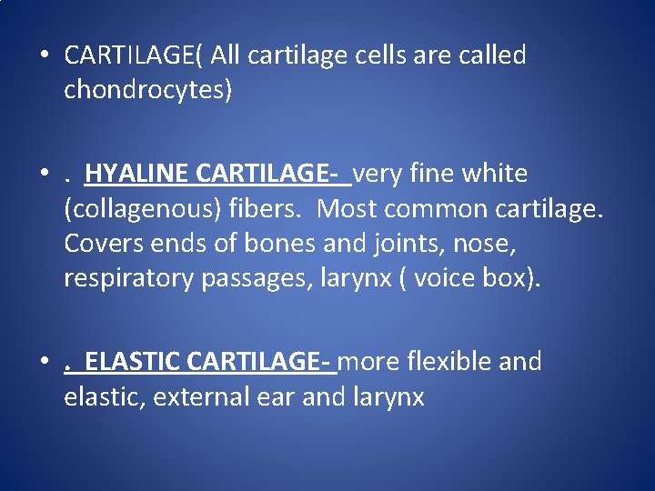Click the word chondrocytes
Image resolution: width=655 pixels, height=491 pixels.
tap(145, 89)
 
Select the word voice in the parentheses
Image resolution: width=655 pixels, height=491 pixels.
tap(447, 278)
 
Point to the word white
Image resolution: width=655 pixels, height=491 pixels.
tap(494, 173)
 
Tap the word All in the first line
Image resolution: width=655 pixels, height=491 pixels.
tap(229, 55)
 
